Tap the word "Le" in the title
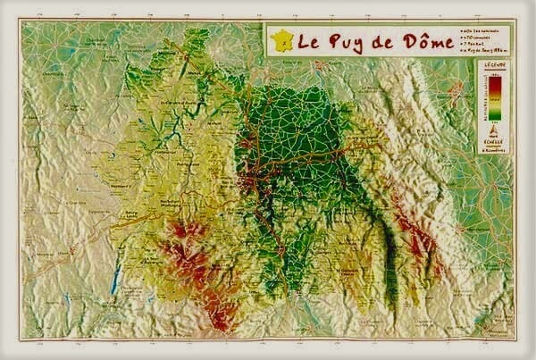pos(308,40)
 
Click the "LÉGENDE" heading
pos(494,66)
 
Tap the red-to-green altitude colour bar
pos(496,95)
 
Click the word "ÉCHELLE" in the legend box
pos(494,142)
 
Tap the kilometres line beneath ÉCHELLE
pos(494,149)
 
